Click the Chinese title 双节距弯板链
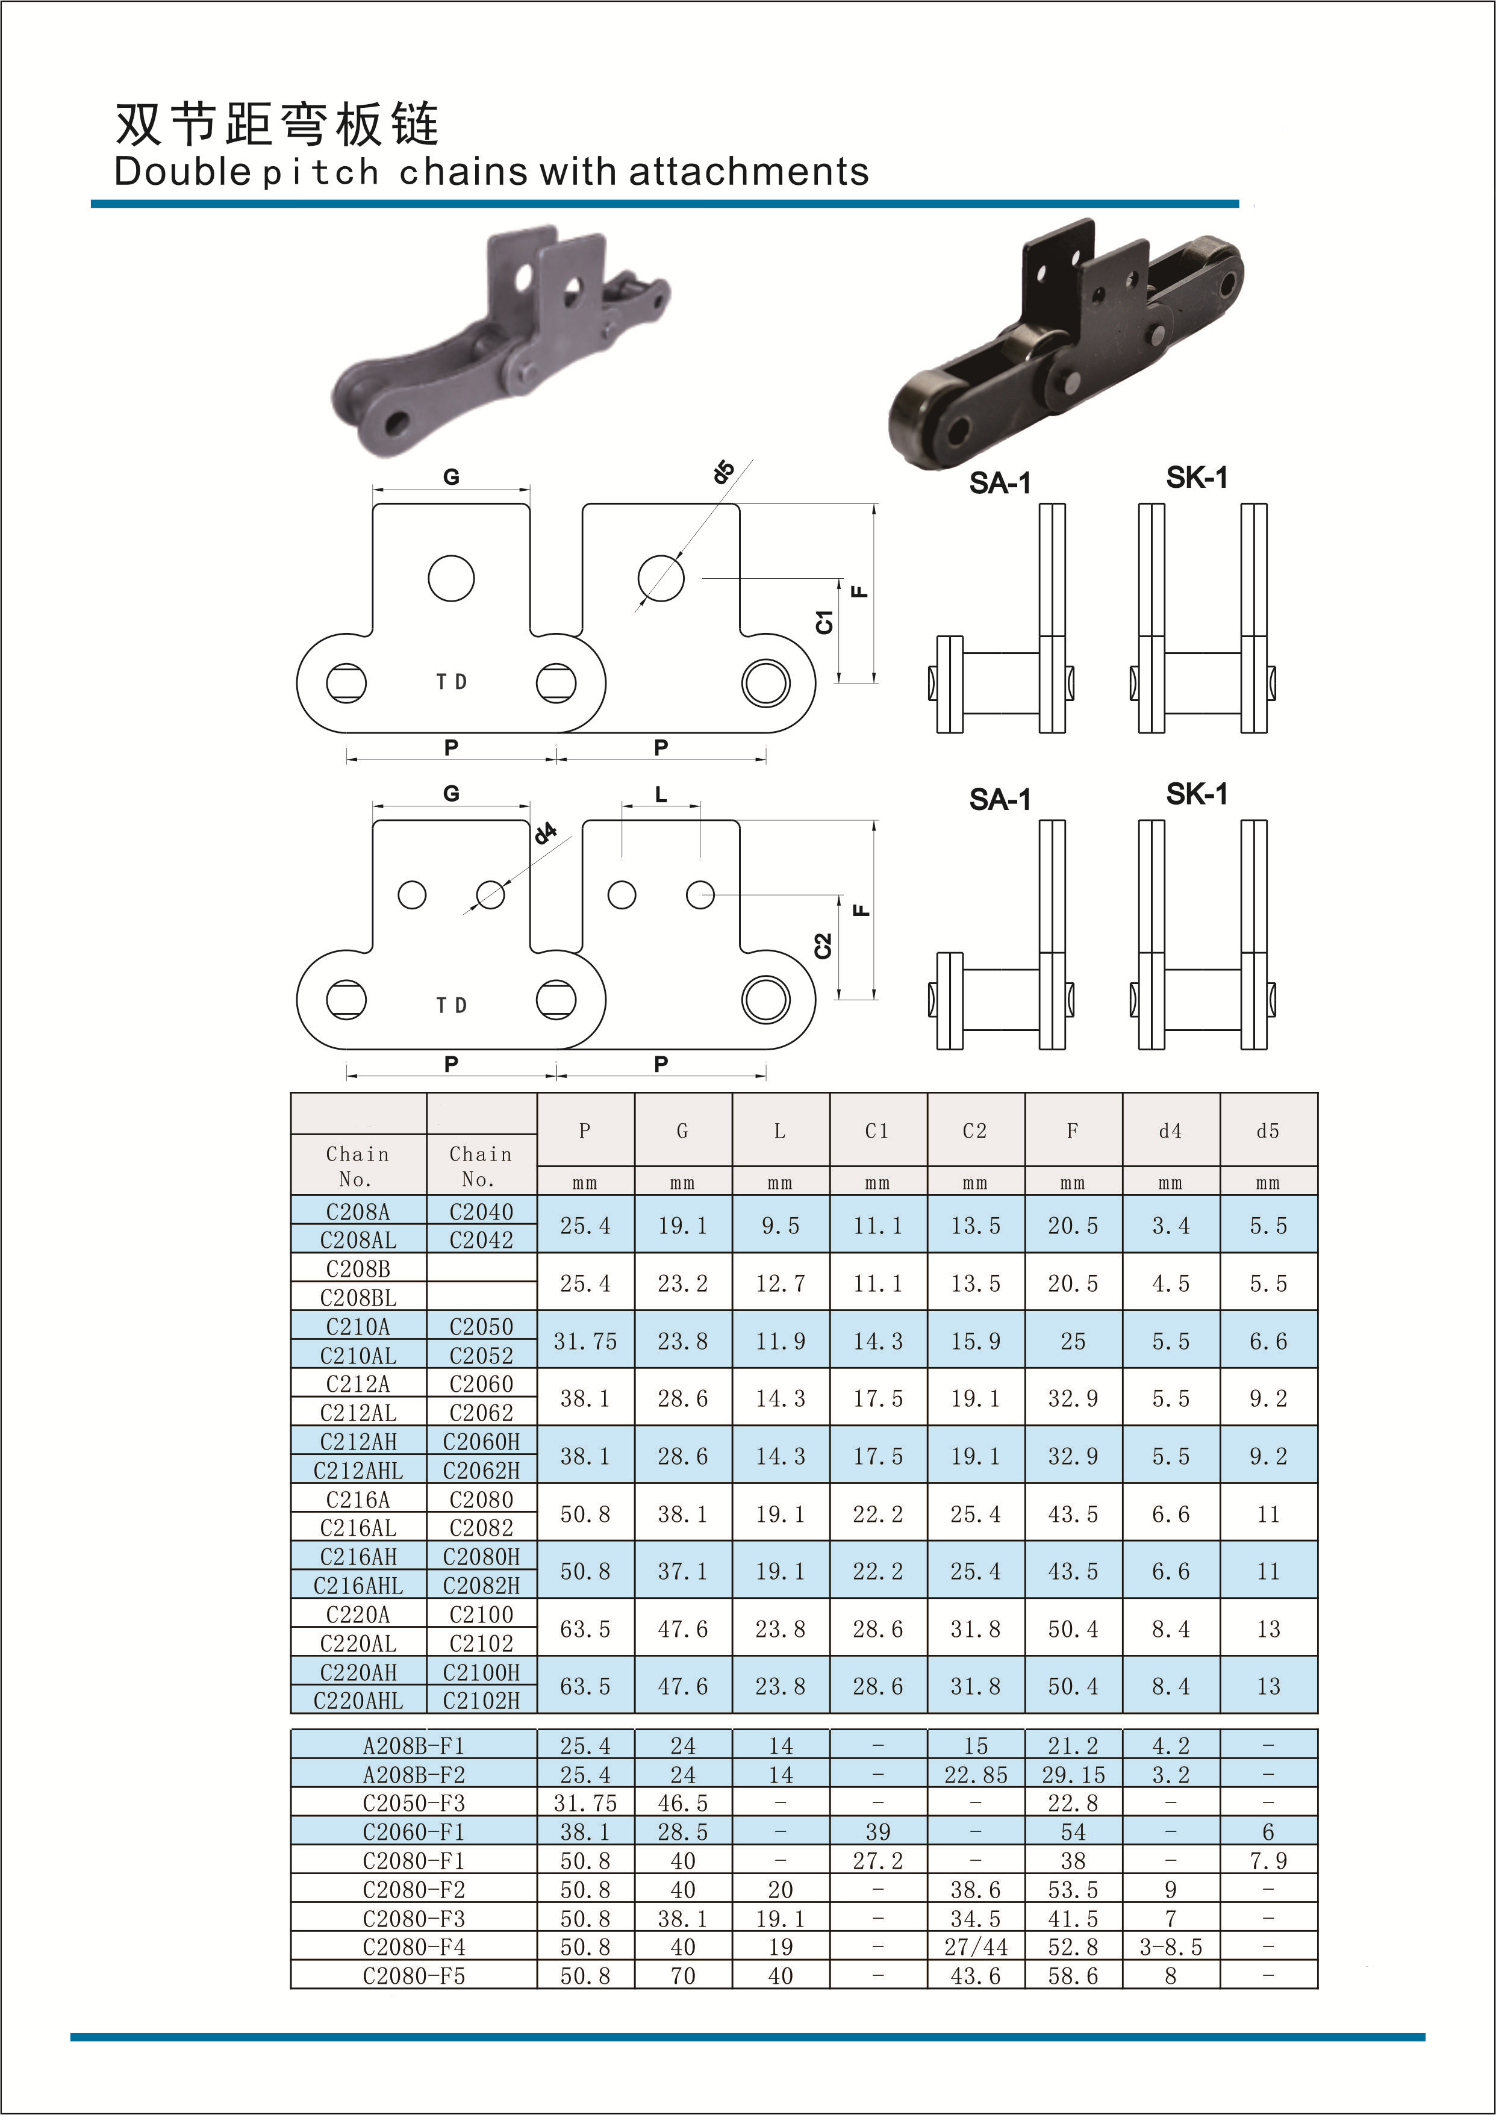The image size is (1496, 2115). [x=276, y=123]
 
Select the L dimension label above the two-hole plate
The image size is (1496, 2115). [x=661, y=794]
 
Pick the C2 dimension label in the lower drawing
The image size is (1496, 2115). [x=823, y=945]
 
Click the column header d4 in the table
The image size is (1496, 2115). [x=1170, y=1130]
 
